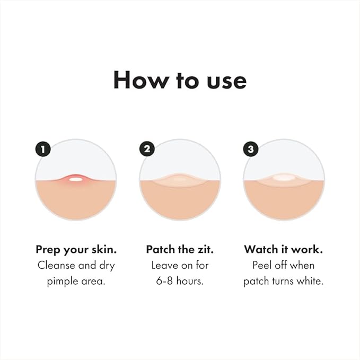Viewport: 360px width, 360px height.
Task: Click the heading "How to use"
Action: coord(180,80)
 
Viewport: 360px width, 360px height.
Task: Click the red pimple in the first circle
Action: coord(76,180)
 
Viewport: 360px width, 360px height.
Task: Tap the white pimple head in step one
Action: coord(76,179)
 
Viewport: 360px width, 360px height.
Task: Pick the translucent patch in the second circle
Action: coord(180,180)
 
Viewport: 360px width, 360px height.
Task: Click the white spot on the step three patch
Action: coord(284,179)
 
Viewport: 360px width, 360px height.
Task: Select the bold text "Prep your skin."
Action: coord(76,249)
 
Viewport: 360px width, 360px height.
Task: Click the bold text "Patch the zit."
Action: coord(180,249)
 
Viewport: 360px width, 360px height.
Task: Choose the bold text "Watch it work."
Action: coord(284,249)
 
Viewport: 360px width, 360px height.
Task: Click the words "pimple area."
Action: coord(76,281)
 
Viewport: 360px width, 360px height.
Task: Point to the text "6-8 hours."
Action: coord(180,281)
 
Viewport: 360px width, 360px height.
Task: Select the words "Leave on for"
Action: coord(180,265)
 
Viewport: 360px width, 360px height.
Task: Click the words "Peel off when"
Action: coord(284,265)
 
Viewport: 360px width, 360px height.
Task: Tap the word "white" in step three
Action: coord(310,281)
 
